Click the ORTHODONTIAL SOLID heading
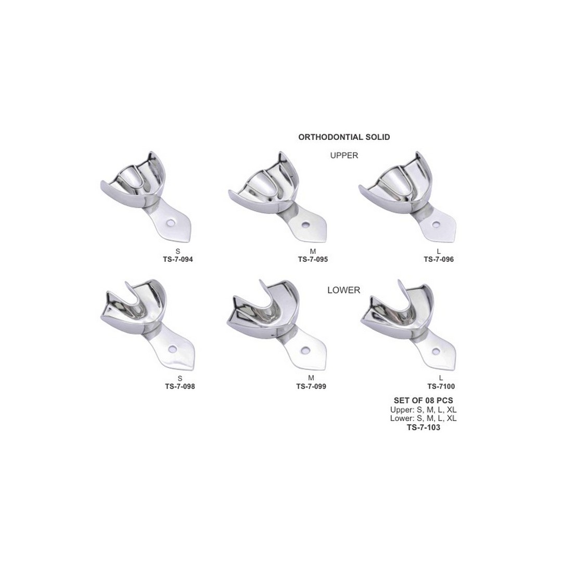click(344, 137)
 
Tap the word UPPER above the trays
click(344, 155)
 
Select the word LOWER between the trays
click(344, 290)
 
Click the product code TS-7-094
click(178, 259)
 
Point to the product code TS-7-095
click(313, 259)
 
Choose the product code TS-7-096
click(439, 259)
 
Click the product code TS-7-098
click(180, 386)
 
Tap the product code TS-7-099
click(311, 386)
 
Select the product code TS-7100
click(441, 386)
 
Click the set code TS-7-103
click(424, 427)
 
